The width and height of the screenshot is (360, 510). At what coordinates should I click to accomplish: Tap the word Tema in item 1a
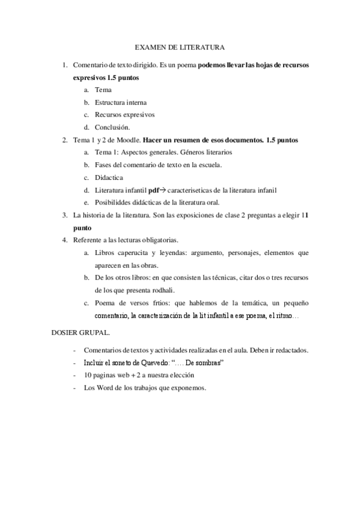tap(103, 89)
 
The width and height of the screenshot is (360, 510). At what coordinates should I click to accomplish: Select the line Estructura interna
tap(120, 102)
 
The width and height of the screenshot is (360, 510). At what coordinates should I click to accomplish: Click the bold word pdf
tap(154, 190)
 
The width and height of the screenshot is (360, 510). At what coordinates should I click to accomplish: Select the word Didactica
tap(109, 177)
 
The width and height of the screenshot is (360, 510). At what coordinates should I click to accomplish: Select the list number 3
tap(64, 215)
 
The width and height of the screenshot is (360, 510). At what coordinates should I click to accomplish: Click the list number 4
tap(64, 240)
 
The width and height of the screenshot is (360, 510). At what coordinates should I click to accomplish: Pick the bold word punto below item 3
tap(82, 228)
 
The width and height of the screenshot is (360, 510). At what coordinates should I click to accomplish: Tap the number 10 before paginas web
tap(88, 375)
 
